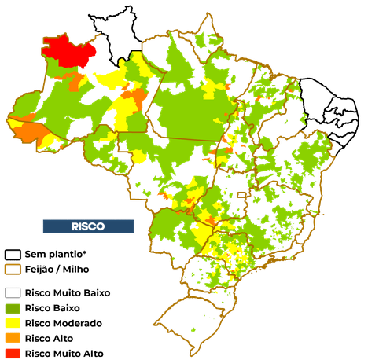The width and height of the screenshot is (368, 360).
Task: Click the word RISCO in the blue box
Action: [x=88, y=226]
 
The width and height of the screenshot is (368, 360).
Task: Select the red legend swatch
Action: [x=13, y=353]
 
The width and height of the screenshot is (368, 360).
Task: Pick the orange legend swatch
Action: [x=13, y=338]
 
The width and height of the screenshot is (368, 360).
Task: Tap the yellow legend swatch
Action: [x=13, y=323]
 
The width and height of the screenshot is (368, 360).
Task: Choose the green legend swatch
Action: [x=13, y=308]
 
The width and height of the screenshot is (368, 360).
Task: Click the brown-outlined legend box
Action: [x=13, y=269]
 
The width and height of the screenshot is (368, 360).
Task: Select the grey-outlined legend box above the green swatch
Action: [x=13, y=293]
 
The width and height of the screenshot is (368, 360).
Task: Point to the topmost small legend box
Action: [x=13, y=254]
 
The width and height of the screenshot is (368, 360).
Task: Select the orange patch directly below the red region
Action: [x=76, y=81]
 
